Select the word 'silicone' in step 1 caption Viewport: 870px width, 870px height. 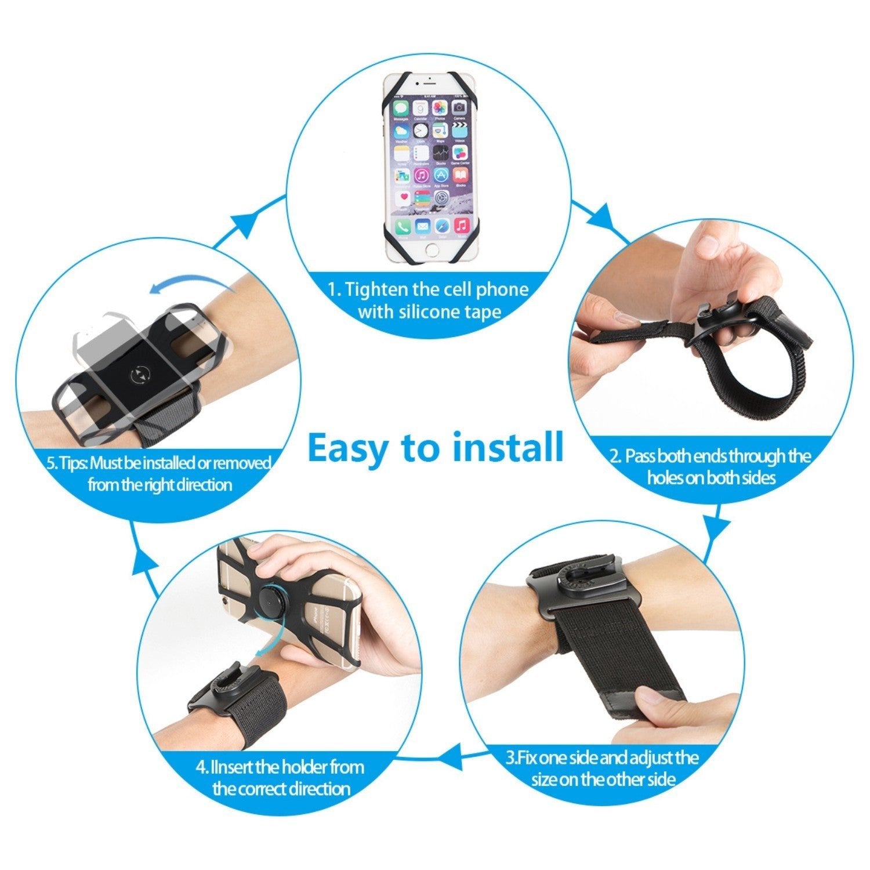(x=436, y=312)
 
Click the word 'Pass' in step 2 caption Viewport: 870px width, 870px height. (x=641, y=456)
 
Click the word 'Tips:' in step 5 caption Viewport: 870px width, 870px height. (x=74, y=463)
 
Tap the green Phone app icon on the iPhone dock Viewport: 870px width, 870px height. (x=403, y=226)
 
